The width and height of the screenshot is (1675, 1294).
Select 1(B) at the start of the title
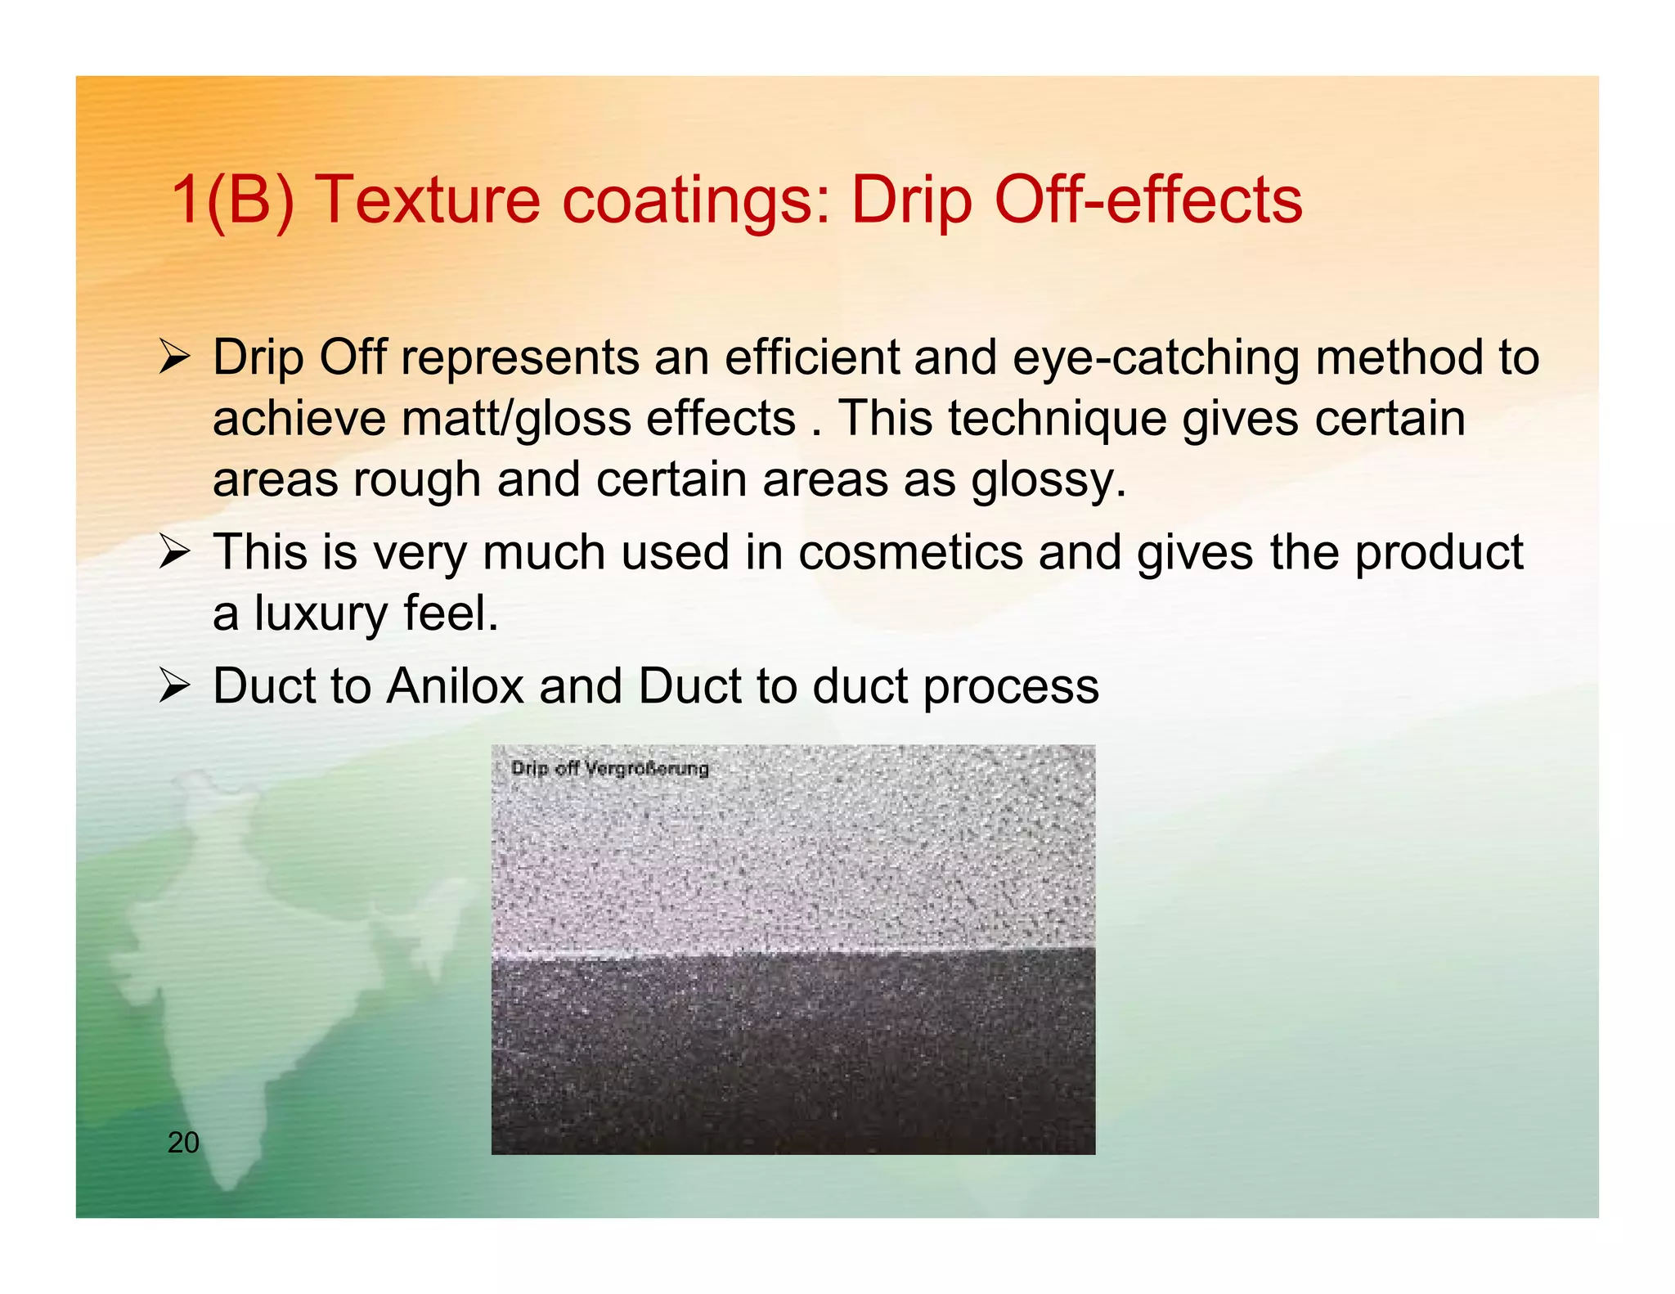click(232, 200)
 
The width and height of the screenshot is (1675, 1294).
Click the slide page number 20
click(183, 1142)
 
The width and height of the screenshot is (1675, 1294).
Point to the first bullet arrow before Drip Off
click(174, 357)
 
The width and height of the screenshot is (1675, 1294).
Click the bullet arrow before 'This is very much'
click(174, 552)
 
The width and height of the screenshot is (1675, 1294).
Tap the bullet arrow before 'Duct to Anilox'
click(174, 685)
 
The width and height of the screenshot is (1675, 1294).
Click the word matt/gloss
click(516, 420)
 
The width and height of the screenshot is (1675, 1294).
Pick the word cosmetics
click(910, 552)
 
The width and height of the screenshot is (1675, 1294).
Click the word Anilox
click(455, 685)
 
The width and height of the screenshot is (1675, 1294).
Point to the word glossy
click(1049, 480)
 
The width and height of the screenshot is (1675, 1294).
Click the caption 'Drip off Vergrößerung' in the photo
click(609, 768)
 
